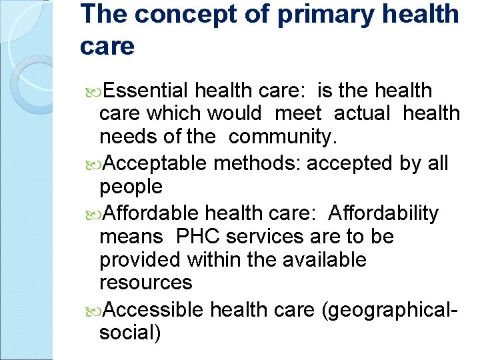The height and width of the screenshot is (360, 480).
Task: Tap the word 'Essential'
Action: [147, 90]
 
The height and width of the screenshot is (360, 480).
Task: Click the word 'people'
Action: [131, 187]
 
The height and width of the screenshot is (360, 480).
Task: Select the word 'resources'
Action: [145, 283]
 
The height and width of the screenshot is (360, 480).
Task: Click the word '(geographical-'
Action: [389, 309]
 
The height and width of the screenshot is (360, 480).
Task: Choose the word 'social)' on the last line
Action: [130, 332]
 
